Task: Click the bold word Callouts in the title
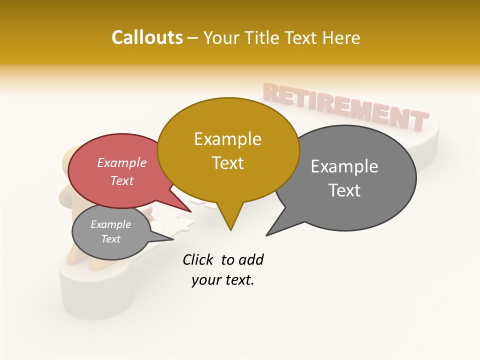point(147,37)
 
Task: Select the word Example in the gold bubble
point(227,139)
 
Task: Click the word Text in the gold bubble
point(227,163)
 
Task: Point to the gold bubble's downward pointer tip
point(230,229)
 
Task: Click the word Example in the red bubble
point(121,162)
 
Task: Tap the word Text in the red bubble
point(121,180)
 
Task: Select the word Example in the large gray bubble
point(344,166)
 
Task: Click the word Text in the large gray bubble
point(344,190)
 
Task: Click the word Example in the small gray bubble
point(110,224)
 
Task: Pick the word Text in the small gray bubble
point(110,239)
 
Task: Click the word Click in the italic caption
point(198,259)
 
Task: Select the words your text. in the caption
point(222,280)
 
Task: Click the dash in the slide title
point(193,38)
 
